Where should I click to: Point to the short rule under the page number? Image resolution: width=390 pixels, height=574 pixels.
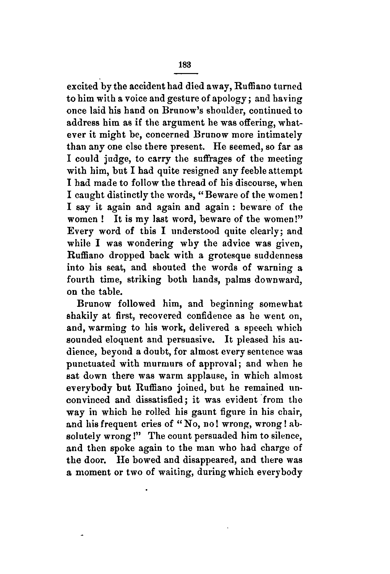(x=186, y=74)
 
